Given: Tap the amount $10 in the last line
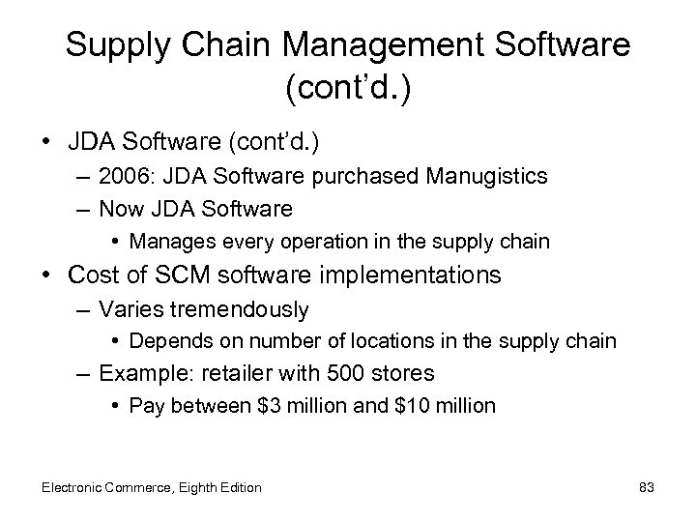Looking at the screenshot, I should [x=417, y=406].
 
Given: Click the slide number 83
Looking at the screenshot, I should [x=646, y=487].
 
